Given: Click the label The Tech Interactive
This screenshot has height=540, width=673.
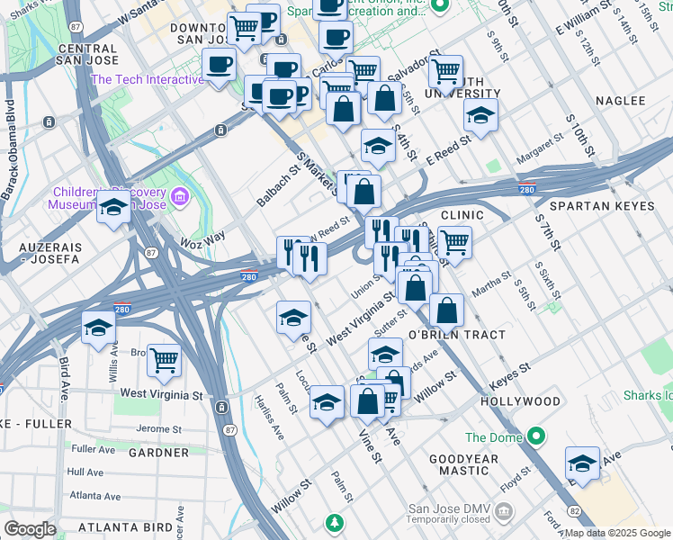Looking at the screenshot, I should (x=147, y=79).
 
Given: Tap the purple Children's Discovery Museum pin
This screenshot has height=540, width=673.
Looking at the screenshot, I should (x=180, y=195).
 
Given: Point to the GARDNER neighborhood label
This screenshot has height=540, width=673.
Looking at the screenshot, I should (x=158, y=453).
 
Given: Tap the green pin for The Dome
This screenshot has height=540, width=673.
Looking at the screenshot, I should (x=537, y=438).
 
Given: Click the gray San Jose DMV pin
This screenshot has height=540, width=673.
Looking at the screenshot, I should (x=504, y=512).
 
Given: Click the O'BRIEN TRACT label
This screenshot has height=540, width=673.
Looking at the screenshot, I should (x=457, y=335).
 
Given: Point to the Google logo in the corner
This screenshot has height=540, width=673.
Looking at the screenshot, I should (x=31, y=529).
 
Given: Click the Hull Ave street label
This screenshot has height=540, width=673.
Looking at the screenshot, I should (x=85, y=472).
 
